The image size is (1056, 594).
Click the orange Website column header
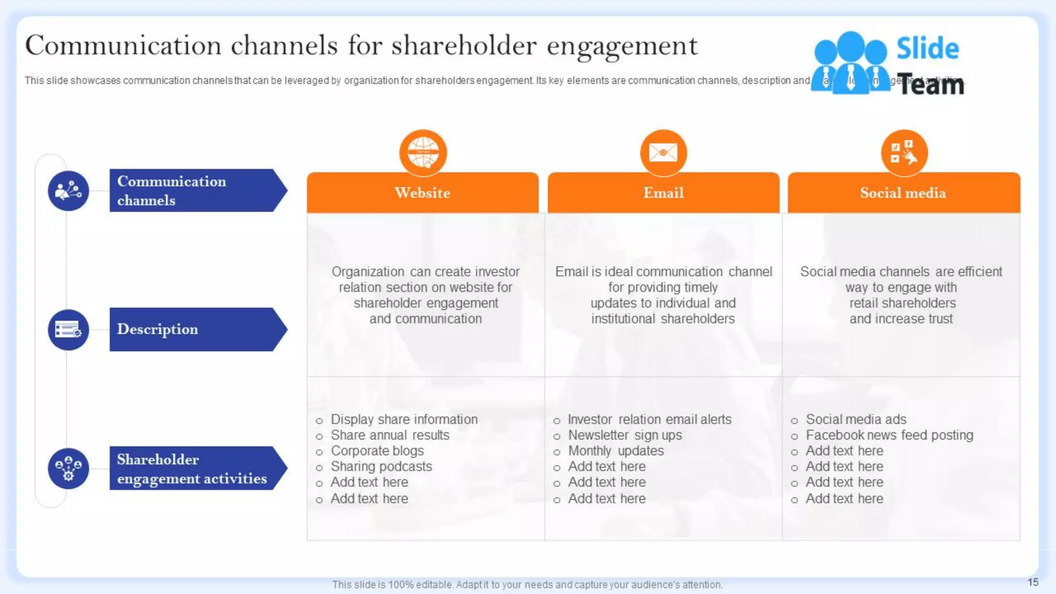422,193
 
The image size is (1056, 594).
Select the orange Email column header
663,193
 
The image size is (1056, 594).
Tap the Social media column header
903,193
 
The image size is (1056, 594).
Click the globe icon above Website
423,153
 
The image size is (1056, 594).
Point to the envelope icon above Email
663,153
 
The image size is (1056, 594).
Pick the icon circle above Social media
904,153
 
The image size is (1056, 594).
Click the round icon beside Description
68,329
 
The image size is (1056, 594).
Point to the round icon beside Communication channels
68,191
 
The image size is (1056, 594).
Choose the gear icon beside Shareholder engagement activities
68,468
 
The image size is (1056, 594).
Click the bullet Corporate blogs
377,451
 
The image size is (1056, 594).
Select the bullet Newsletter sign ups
624,435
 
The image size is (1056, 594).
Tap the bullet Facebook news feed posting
889,435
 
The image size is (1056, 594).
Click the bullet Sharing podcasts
381,467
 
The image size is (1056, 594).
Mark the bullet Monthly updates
616,451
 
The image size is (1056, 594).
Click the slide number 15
1033,582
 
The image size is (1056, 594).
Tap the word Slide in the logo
927,48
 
